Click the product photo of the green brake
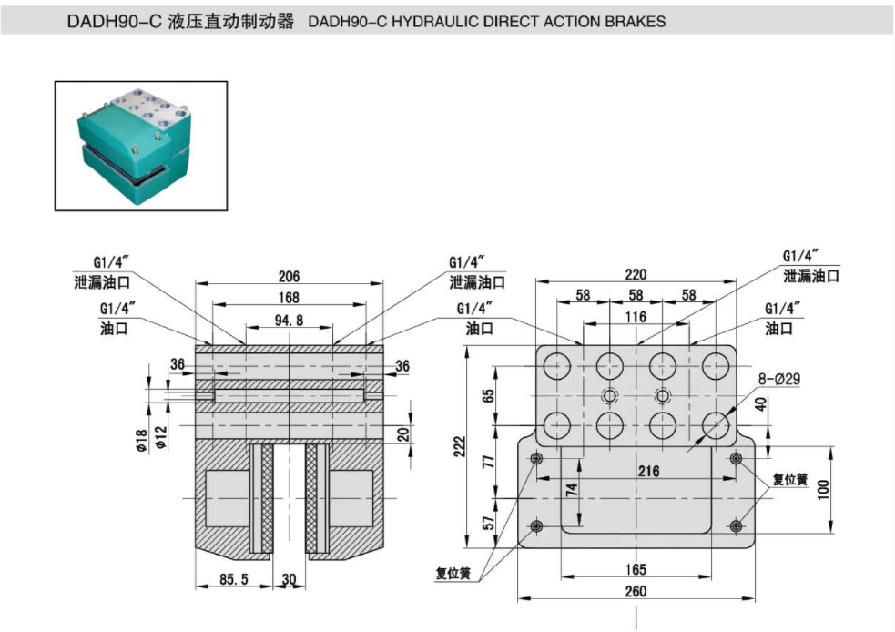tap(140, 146)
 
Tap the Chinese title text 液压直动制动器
tap(232, 21)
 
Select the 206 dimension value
tap(289, 275)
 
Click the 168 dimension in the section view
tap(289, 297)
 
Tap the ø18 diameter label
tap(142, 439)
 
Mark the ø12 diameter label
tap(161, 439)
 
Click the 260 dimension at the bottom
tap(636, 592)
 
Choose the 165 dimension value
tap(636, 570)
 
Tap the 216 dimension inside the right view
tap(647, 471)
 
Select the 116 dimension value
tap(636, 317)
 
